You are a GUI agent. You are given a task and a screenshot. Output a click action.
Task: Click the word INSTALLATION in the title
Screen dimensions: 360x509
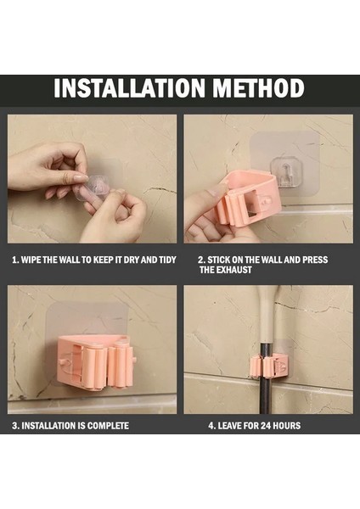pyautogui.click(x=129, y=88)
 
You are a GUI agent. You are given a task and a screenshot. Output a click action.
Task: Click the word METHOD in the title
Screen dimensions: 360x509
pyautogui.click(x=259, y=88)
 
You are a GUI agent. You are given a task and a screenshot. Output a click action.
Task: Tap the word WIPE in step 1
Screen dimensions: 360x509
pyautogui.click(x=31, y=260)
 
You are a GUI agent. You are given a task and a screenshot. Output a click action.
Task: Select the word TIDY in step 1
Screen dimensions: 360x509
pyautogui.click(x=167, y=260)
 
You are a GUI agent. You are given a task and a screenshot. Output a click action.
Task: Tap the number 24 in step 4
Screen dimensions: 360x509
pyautogui.click(x=266, y=426)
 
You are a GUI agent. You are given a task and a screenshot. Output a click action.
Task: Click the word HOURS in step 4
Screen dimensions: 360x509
pyautogui.click(x=287, y=426)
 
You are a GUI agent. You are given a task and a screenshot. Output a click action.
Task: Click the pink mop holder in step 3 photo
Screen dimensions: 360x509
pyautogui.click(x=97, y=362)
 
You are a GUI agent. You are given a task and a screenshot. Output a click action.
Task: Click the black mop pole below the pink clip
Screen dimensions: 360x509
pyautogui.click(x=265, y=395)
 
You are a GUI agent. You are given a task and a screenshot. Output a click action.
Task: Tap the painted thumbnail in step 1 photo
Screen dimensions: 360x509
pyautogui.click(x=81, y=178)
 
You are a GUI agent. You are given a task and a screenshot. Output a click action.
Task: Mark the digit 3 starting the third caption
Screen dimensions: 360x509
pyautogui.click(x=14, y=426)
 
